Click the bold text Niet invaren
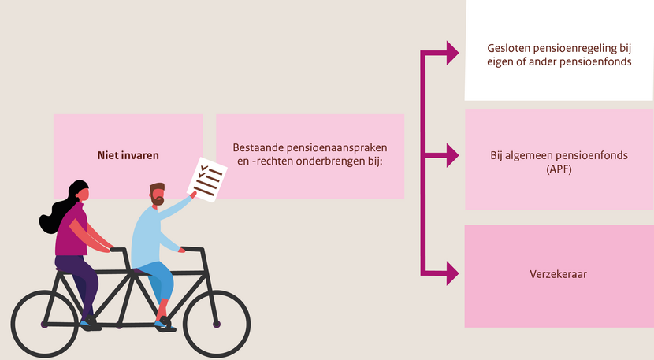[x=128, y=155]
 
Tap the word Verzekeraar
[x=558, y=274]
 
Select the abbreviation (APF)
[x=559, y=169]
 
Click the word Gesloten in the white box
[x=504, y=48]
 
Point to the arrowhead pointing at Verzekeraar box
[x=452, y=273]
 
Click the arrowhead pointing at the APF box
[x=452, y=155]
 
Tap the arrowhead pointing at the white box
[x=452, y=53]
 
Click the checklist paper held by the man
[x=207, y=180]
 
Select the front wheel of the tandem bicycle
[x=217, y=324]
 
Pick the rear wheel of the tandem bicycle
[x=44, y=324]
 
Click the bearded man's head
[x=157, y=194]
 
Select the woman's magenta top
[x=72, y=229]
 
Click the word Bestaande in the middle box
[x=254, y=147]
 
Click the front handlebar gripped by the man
[x=193, y=250]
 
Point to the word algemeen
[x=525, y=156]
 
